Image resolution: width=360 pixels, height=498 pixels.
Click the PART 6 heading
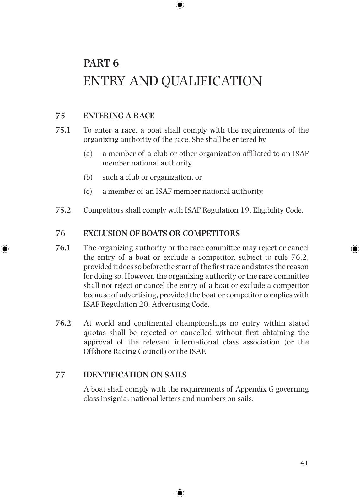click(101, 63)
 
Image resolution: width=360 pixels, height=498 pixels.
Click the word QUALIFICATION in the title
click(211, 81)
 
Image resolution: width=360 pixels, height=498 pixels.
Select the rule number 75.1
click(63, 130)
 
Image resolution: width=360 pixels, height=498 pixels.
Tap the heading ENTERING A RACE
click(119, 116)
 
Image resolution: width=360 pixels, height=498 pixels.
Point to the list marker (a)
click(88, 154)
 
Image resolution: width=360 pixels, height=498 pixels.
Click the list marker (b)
click(88, 177)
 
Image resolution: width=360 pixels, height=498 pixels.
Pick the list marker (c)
click(88, 192)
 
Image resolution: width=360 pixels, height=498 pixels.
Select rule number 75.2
click(63, 210)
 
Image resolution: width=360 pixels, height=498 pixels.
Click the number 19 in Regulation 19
click(245, 210)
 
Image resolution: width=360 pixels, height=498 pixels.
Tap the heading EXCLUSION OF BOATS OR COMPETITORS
click(161, 234)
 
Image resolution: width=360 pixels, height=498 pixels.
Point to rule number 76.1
click(63, 248)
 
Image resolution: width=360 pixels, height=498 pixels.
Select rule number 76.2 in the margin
click(63, 323)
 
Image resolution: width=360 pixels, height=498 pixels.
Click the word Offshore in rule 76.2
click(96, 351)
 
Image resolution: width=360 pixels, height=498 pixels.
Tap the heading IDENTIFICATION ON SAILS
click(135, 375)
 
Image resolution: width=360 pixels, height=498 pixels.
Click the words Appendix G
click(255, 389)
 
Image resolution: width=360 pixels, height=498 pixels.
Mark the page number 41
click(304, 463)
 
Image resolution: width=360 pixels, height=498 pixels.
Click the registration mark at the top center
click(180, 5)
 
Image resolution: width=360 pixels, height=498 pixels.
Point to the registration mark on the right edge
click(355, 249)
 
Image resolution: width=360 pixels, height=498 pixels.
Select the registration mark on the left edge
click(5, 249)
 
